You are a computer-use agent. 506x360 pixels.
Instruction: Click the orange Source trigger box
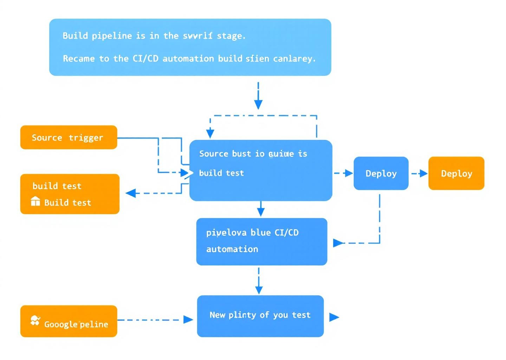pos(69,137)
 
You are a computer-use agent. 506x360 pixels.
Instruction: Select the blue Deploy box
pos(381,173)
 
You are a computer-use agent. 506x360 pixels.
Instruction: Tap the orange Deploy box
pos(456,173)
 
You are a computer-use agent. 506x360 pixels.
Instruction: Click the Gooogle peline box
pos(69,321)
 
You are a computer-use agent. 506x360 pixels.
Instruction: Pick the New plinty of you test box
pos(260,316)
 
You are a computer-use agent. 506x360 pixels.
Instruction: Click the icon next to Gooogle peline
pos(35,321)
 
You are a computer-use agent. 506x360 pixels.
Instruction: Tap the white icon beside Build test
pos(35,201)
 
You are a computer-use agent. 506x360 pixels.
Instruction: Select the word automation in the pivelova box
pos(232,249)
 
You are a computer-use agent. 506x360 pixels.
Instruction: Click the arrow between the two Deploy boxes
pos(419,173)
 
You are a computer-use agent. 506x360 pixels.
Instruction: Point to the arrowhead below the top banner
pos(258,104)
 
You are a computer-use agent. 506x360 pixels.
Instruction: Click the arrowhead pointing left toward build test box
pos(131,193)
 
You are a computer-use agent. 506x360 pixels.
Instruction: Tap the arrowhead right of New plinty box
pos(334,317)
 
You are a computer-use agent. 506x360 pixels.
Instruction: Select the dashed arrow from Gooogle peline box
pos(155,320)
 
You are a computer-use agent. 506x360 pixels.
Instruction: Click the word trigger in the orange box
pos(86,138)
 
